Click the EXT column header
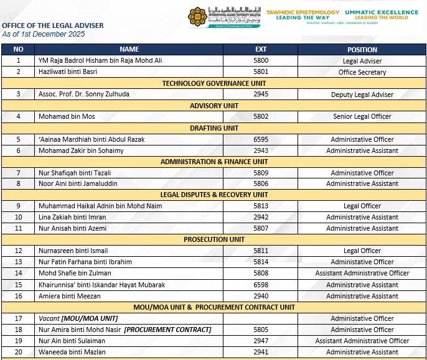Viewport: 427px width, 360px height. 261,49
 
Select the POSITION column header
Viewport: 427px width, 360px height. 362,49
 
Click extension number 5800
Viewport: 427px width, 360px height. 261,61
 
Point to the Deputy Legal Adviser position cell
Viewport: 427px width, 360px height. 362,95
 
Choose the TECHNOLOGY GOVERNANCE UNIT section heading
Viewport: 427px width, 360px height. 214,83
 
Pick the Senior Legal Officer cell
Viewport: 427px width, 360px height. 362,117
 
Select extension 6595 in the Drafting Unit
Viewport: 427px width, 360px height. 261,139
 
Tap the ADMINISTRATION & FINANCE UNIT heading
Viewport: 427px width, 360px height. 214,162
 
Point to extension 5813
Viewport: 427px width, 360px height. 261,206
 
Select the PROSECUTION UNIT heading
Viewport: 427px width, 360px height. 214,239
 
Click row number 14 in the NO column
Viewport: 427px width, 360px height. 18,273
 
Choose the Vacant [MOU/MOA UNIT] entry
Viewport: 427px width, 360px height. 87,318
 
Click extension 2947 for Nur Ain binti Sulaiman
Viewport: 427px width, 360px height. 261,341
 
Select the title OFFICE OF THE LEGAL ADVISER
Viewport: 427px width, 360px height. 53,25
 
